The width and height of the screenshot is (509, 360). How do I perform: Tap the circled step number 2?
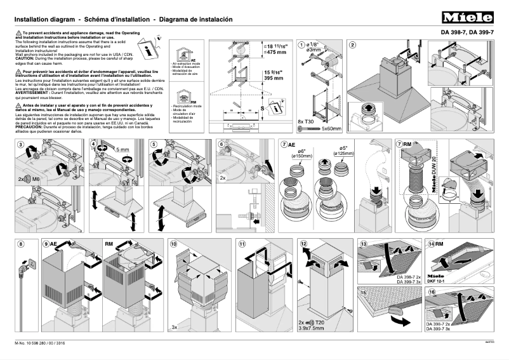click(x=352, y=44)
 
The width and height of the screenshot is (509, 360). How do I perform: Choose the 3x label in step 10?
click(x=174, y=327)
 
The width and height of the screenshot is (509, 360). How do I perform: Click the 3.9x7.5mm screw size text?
click(x=312, y=330)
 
